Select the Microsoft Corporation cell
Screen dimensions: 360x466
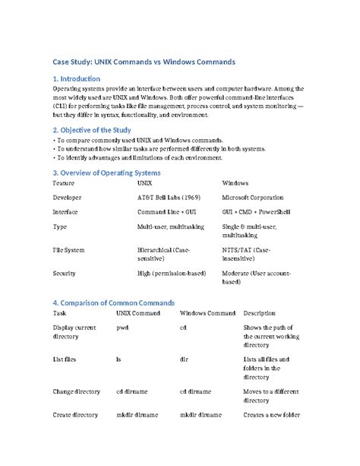click(x=255, y=197)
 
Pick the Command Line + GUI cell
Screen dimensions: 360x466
click(x=167, y=212)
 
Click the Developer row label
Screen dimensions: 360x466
click(x=67, y=197)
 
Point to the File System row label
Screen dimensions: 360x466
click(x=68, y=249)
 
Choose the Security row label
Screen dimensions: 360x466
click(x=64, y=272)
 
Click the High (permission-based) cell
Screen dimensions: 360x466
click(x=170, y=272)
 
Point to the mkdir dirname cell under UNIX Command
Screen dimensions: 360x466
click(x=137, y=415)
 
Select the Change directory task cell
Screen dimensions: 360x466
click(x=77, y=392)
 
